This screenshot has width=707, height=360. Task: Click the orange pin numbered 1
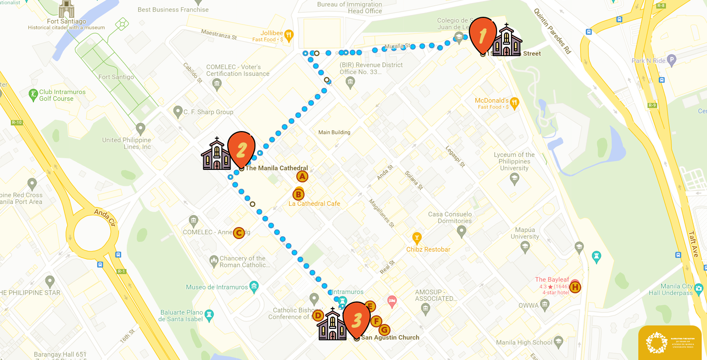click(483, 34)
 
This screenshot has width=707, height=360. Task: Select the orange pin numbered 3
click(356, 319)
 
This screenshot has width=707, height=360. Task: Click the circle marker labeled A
click(302, 177)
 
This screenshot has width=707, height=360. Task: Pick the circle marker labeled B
click(298, 194)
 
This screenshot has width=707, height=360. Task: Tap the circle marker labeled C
click(239, 233)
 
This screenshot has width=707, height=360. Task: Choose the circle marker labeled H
click(575, 288)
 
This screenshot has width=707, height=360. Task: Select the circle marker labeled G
click(384, 330)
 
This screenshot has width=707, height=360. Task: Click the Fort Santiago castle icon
click(66, 8)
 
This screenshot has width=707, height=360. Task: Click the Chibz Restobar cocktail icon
click(417, 237)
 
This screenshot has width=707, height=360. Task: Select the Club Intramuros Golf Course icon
click(33, 94)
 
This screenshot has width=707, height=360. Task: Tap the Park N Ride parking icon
click(671, 60)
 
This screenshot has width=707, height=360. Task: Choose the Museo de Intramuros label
click(217, 287)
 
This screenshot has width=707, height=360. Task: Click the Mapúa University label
click(524, 233)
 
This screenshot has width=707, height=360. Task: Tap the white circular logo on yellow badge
click(657, 343)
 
